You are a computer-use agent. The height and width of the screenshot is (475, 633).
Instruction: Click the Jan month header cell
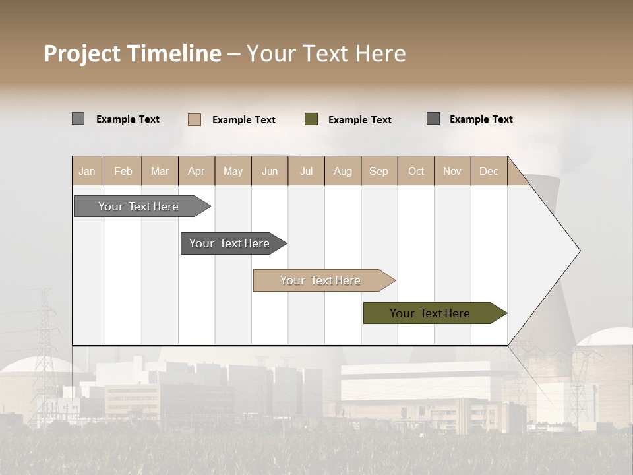point(88,171)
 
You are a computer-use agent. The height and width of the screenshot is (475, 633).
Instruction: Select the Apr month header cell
point(196,171)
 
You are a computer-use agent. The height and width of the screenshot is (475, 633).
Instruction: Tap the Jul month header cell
point(306,171)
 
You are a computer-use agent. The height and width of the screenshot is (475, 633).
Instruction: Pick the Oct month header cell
point(416,171)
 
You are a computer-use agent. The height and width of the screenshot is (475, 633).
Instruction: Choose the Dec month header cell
point(489,171)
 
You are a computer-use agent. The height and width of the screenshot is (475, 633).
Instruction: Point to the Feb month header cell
point(123,171)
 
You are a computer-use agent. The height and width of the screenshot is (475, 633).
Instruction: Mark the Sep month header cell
point(379,171)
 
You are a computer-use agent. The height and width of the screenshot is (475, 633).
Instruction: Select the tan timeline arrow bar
point(321,280)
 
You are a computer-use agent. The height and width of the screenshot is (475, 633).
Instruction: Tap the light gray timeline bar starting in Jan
point(139,206)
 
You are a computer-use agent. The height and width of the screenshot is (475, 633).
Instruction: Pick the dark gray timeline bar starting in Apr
point(230,243)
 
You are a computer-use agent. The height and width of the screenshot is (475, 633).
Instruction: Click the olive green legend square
point(311,119)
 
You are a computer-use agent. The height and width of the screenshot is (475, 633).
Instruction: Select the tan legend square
point(195,119)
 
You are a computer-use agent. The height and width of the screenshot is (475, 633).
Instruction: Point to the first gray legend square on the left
point(78,119)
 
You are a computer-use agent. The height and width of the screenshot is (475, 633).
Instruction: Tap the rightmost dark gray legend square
point(433,119)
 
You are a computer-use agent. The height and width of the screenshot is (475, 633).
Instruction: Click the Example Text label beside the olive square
point(359,120)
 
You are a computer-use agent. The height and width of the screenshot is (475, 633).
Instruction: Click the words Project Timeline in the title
point(133,53)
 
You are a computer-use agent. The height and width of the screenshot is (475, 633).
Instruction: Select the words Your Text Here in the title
point(326,53)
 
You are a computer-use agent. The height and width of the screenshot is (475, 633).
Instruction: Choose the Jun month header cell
point(270,171)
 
